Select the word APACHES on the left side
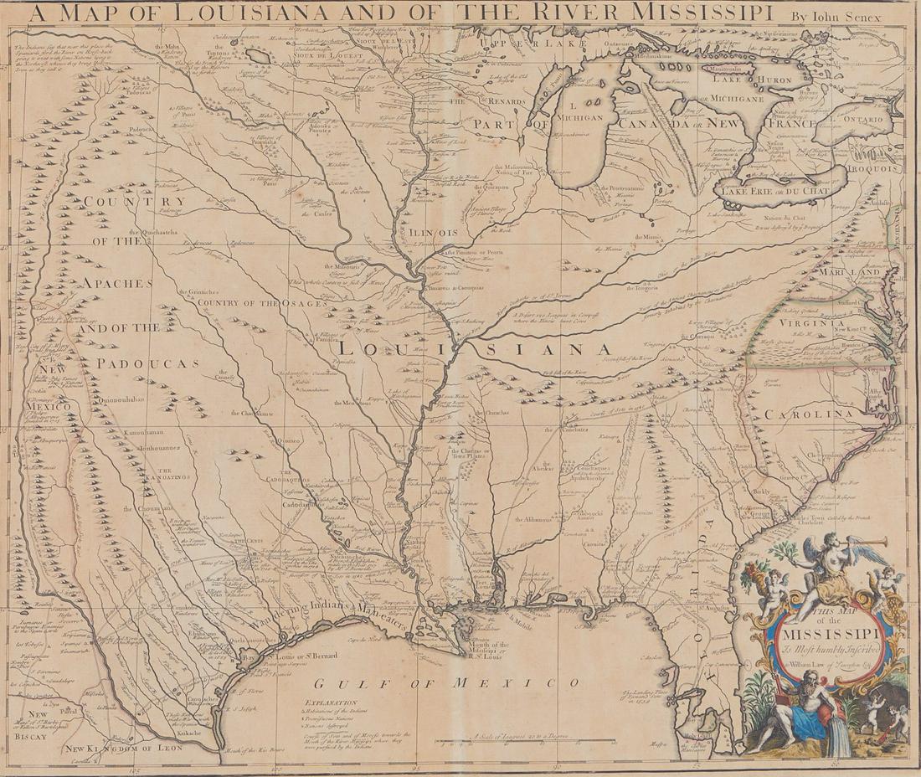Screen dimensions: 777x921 tap(116, 282)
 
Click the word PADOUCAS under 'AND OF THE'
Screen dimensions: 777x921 tap(147, 363)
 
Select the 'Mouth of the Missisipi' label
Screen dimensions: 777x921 tap(488, 649)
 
